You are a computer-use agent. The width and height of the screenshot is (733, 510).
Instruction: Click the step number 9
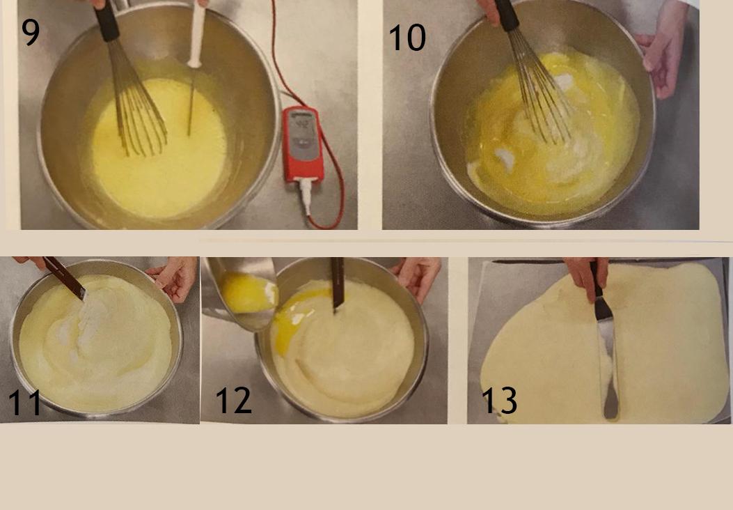[31, 32]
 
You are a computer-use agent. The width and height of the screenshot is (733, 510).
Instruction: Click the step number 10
[407, 38]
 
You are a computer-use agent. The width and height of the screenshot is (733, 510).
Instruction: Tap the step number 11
[25, 403]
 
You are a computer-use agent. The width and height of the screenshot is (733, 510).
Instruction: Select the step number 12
[233, 400]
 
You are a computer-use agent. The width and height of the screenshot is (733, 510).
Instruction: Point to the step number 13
[499, 400]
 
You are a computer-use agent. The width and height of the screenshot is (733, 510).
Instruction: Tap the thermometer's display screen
[301, 124]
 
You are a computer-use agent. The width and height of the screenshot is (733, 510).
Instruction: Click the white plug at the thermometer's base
[306, 195]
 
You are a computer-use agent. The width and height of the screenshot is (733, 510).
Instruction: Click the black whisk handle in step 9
[107, 21]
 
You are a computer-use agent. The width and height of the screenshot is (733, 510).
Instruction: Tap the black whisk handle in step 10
[507, 15]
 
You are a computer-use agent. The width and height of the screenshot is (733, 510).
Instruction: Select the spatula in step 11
[65, 278]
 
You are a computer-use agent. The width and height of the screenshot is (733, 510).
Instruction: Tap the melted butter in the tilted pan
[249, 293]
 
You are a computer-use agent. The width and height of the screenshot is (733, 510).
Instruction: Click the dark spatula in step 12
[338, 284]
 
